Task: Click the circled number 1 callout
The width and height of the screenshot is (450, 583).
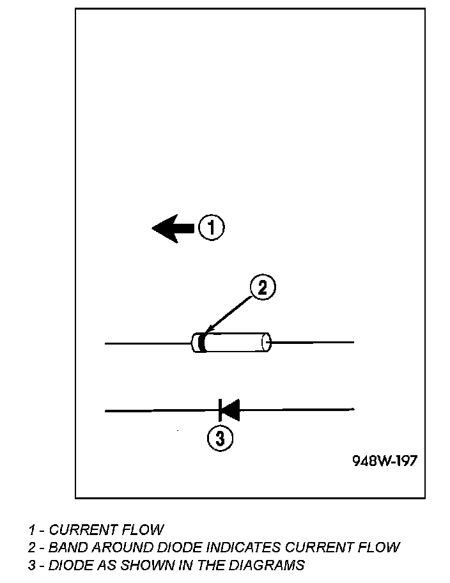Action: [212, 228]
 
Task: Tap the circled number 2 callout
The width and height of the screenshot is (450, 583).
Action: [262, 288]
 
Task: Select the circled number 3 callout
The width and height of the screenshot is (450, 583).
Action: [219, 439]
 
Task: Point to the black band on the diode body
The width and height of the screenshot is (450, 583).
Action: [202, 343]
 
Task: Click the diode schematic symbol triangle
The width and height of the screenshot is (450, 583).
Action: [230, 410]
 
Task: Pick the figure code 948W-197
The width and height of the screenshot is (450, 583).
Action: [385, 460]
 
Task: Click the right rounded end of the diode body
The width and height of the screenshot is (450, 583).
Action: [267, 343]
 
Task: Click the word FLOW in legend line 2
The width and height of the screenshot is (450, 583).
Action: [380, 547]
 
